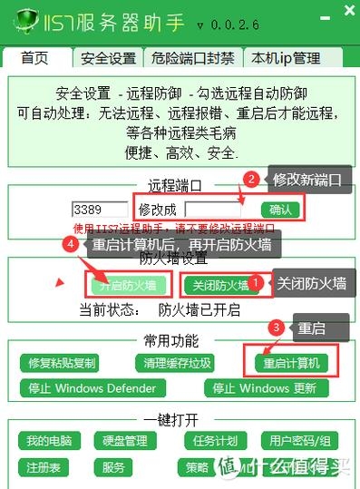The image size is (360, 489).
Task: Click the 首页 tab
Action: coord(34,59)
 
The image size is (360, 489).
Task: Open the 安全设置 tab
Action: coord(108,59)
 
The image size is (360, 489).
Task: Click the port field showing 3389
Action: coord(99,209)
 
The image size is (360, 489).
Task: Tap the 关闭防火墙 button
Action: coord(219,285)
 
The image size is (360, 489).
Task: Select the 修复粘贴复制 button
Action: coord(62,364)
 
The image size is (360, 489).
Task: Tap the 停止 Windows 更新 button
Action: coord(265,388)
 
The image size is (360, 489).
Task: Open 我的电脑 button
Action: coord(49,442)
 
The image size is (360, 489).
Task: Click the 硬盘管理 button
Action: coord(124,442)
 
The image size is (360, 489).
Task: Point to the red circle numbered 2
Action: coord(253,180)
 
